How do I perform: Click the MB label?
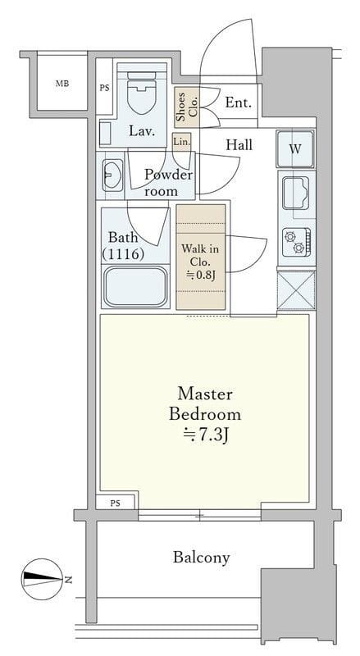point(62,84)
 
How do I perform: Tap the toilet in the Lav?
point(142,93)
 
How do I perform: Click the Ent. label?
point(239,102)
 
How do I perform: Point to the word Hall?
point(239,145)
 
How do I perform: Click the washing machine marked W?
point(295,149)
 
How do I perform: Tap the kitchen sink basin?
point(295,193)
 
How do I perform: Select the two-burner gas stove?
point(296,242)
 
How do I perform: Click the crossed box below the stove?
point(296,290)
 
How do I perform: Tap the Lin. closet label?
point(182,142)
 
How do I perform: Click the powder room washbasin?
point(112,175)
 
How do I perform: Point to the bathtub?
point(135,286)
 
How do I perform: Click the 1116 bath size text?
point(124,254)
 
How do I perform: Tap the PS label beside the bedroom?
point(115,503)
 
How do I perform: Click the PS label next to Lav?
point(104,89)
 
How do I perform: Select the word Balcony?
point(202,558)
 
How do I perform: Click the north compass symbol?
point(43,579)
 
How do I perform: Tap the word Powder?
point(168,175)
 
